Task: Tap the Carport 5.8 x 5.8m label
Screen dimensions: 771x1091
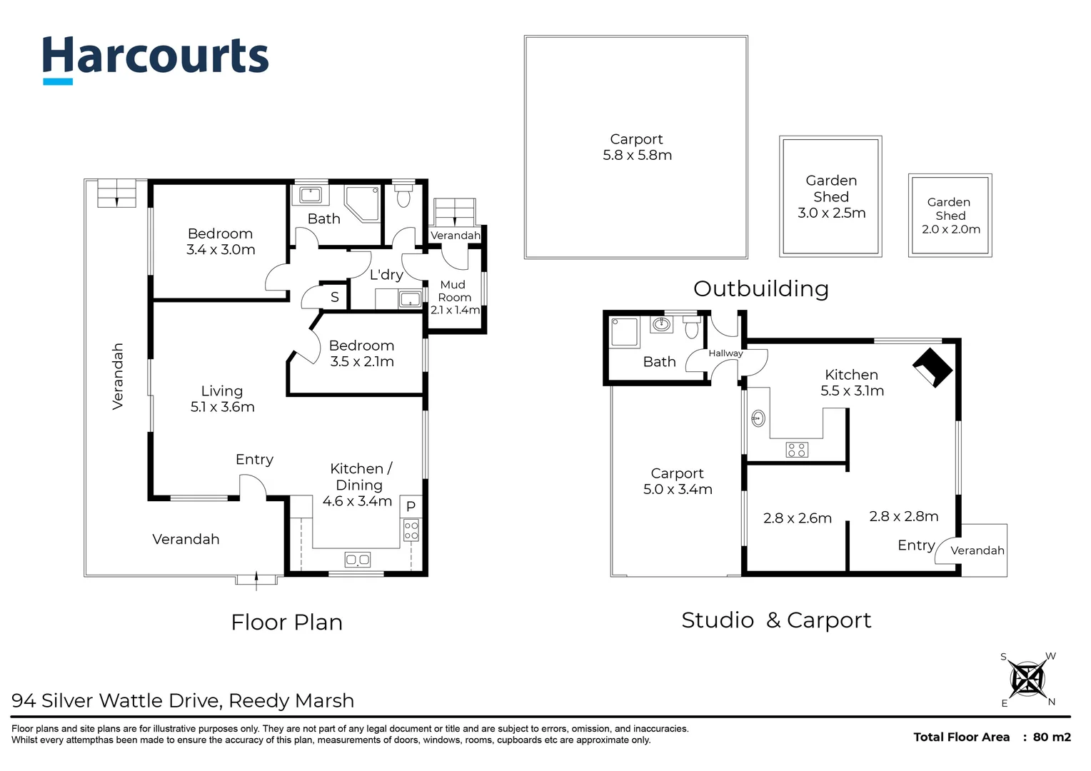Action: pyautogui.click(x=637, y=148)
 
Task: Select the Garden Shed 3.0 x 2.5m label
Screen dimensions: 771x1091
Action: pyautogui.click(x=831, y=197)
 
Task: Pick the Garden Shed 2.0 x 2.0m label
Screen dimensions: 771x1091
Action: pyautogui.click(x=950, y=216)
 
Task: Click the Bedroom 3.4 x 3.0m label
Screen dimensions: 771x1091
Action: pyautogui.click(x=221, y=242)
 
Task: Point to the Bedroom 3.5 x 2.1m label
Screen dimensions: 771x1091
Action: pyautogui.click(x=361, y=353)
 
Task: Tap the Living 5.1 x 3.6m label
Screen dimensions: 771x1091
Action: pyautogui.click(x=222, y=399)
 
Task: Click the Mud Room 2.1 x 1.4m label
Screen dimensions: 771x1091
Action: pyautogui.click(x=454, y=297)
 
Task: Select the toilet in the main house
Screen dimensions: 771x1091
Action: pyautogui.click(x=403, y=196)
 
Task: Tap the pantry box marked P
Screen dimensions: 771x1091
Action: pyautogui.click(x=411, y=506)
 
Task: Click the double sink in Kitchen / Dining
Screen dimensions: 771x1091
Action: pyautogui.click(x=357, y=560)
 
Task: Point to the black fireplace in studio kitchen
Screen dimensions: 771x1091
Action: pyautogui.click(x=932, y=367)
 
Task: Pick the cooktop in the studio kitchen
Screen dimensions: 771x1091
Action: pyautogui.click(x=796, y=450)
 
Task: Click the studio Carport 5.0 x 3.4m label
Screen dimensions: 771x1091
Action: pyautogui.click(x=678, y=481)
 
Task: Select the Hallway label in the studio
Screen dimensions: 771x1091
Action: pyautogui.click(x=725, y=353)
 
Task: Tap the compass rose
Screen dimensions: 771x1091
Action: pyautogui.click(x=1027, y=679)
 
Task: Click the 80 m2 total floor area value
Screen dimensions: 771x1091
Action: pyautogui.click(x=1051, y=737)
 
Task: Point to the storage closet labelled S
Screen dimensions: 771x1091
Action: pyautogui.click(x=334, y=297)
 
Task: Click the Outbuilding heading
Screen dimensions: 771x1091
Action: pyautogui.click(x=760, y=288)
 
